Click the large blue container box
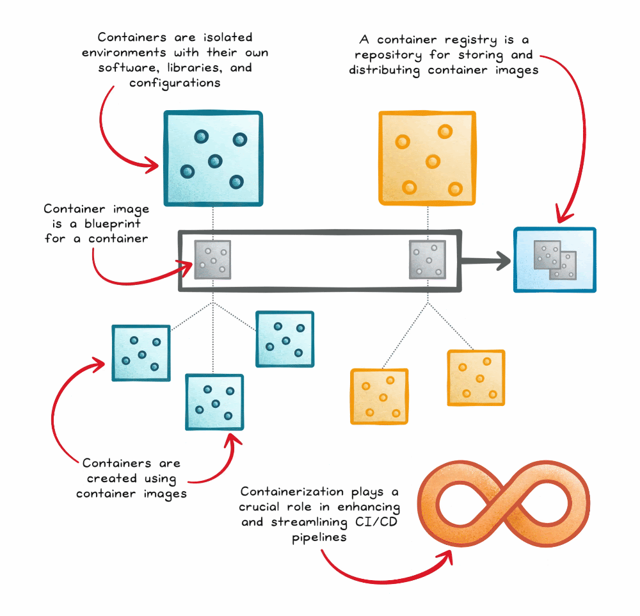[x=212, y=159]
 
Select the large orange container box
[x=427, y=159]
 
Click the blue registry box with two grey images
[x=555, y=260]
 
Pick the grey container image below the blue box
[x=212, y=260]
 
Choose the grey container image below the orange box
[x=428, y=260]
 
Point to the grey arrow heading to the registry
[x=486, y=260]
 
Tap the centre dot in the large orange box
[x=433, y=161]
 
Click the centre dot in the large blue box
[x=214, y=160]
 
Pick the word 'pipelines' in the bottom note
[x=319, y=538]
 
